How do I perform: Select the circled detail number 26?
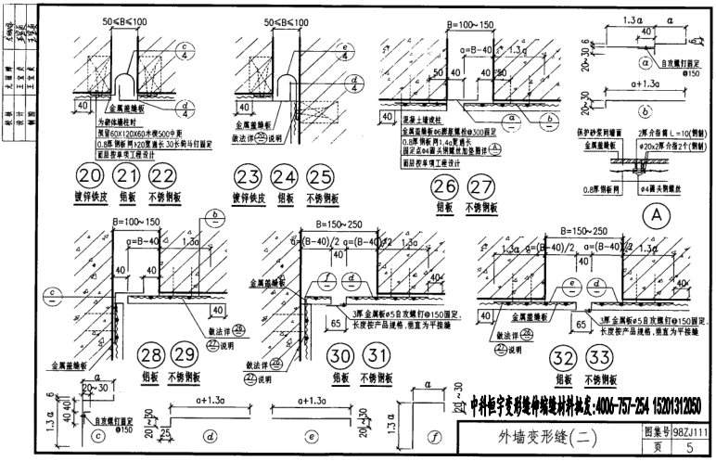441,186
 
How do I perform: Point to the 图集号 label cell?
653,430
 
